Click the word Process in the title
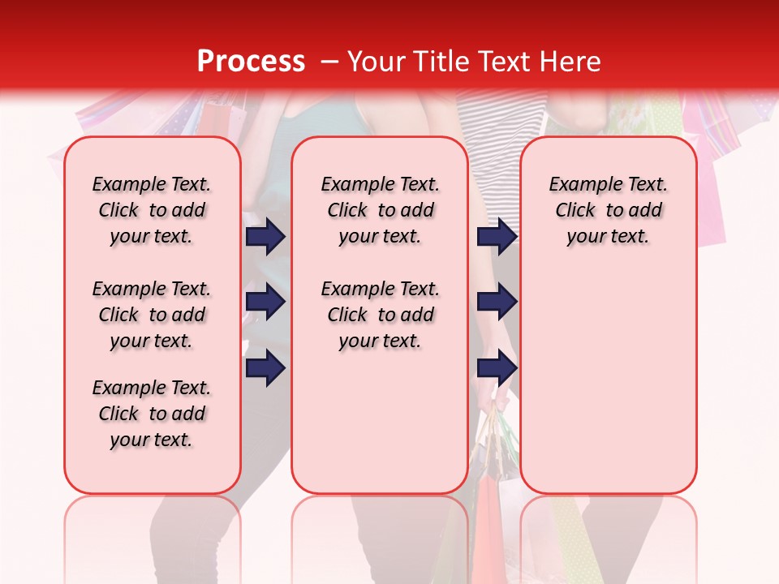click(250, 62)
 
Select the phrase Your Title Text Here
click(474, 62)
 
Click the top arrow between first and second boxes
click(265, 236)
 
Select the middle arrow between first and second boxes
click(265, 303)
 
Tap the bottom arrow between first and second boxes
click(265, 368)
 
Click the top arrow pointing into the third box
click(497, 236)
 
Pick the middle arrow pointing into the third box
click(497, 303)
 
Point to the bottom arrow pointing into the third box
click(497, 368)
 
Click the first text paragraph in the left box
click(152, 210)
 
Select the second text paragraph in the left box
click(152, 315)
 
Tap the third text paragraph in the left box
click(152, 414)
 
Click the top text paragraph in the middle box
click(380, 210)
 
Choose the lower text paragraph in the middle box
click(380, 315)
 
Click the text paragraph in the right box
click(608, 210)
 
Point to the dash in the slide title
click(329, 62)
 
